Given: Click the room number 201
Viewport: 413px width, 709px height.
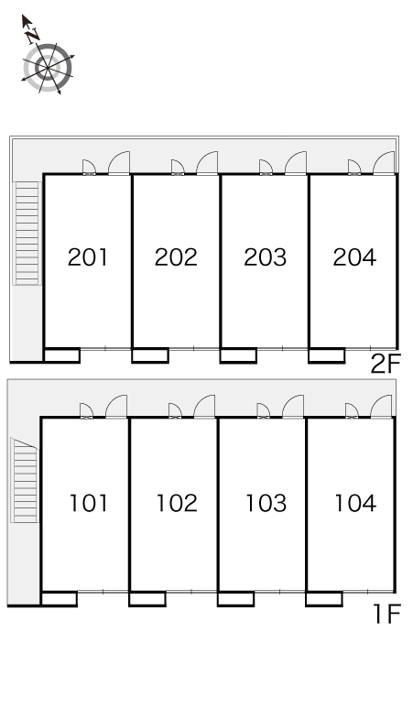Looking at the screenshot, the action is (x=88, y=257).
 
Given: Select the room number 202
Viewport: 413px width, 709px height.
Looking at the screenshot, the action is (x=176, y=257).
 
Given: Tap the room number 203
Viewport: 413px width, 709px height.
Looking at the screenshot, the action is (x=265, y=257).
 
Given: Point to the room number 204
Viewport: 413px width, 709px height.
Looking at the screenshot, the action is (x=354, y=257).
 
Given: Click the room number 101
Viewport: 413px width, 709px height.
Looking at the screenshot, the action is (x=89, y=503).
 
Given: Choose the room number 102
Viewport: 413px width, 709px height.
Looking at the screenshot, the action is (x=177, y=503).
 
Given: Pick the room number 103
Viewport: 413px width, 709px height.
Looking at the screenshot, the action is (x=266, y=503).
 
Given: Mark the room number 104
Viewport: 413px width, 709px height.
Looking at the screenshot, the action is (x=355, y=503).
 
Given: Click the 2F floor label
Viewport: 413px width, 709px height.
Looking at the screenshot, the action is (x=386, y=364).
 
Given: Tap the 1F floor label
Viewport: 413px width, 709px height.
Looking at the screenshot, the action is (x=387, y=615).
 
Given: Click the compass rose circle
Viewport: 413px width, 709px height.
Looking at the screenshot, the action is (x=48, y=68).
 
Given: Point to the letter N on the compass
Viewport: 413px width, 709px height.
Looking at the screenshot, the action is (x=32, y=36).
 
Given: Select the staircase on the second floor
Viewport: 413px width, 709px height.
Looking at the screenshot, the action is (x=27, y=234).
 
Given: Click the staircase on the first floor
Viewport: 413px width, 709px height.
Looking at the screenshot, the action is (x=25, y=480).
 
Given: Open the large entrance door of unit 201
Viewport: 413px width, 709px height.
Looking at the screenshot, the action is (x=118, y=163).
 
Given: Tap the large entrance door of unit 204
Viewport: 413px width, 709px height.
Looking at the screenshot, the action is (x=384, y=163).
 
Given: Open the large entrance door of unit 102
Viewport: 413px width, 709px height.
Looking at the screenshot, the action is (x=204, y=407).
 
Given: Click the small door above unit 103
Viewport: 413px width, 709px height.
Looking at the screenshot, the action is (x=264, y=410).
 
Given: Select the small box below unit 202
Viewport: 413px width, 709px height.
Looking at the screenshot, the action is (x=150, y=355).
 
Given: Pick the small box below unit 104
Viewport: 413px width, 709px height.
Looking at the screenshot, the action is (x=324, y=599).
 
